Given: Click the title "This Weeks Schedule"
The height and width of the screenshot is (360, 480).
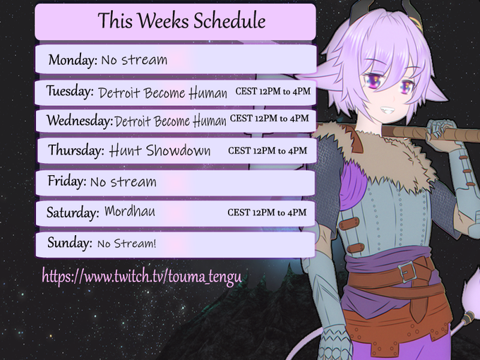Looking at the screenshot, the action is coord(182,20).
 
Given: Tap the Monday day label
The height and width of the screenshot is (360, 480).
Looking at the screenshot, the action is coord(73,59).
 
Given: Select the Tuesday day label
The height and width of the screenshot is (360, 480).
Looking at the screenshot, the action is coord(70,91).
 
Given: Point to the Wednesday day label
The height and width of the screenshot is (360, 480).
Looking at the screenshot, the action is coord(80,121).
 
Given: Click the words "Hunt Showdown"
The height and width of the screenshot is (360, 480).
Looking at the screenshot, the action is coord(160,150).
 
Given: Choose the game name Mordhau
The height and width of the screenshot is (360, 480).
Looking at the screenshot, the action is coord(130,212).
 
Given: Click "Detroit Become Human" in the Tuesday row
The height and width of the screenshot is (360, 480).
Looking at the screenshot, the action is coord(162,92).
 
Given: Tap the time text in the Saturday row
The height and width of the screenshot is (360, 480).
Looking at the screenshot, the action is coord(267,212).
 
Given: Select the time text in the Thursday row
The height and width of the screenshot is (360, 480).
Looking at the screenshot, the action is coord(268,150).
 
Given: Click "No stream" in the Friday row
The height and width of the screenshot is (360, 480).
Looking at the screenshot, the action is coord(124,182).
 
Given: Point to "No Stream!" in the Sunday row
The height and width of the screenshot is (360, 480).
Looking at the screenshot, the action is coord(127,244).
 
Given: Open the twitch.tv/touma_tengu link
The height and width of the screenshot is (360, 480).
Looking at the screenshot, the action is coord(142,277).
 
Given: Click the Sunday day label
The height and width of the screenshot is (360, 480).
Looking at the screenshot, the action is coord(69,242).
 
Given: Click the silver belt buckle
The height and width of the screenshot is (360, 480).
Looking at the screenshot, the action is coord(408,272).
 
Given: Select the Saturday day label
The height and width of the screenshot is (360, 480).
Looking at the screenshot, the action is coord(73,212).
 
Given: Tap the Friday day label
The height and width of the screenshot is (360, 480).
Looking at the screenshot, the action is coord(67,181).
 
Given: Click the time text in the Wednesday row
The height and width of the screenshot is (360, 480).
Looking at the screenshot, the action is coord(270,119).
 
